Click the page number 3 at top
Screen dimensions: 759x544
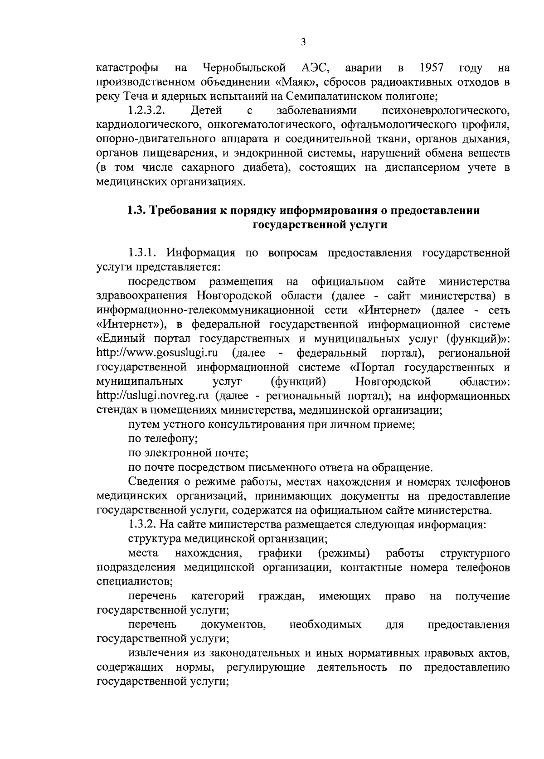point(303,43)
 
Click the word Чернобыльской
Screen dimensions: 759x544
point(244,68)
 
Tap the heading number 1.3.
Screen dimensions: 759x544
point(136,211)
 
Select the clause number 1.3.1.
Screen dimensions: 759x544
point(143,253)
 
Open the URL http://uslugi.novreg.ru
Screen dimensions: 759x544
point(153,396)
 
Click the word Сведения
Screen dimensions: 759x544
point(151,481)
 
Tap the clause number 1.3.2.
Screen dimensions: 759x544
point(143,525)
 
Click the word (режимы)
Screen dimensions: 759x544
point(344,553)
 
